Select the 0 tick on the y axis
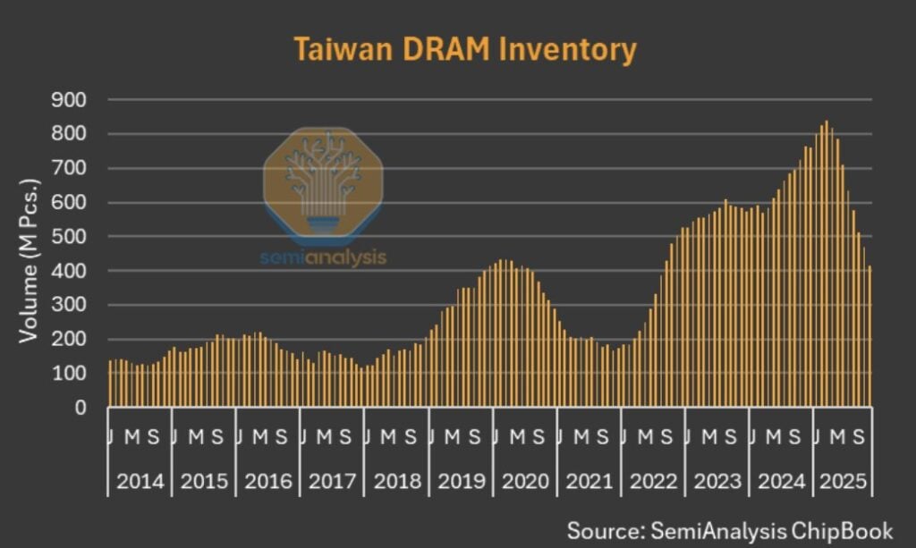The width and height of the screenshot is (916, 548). pyautogui.click(x=80, y=408)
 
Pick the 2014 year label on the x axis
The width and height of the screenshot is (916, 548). pyautogui.click(x=140, y=482)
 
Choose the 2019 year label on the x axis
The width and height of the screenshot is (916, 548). pyautogui.click(x=462, y=482)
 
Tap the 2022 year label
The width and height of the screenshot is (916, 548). pyautogui.click(x=653, y=482)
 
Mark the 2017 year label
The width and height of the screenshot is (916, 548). pyautogui.click(x=333, y=482)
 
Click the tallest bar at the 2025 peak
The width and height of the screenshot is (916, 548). pyautogui.click(x=826, y=265)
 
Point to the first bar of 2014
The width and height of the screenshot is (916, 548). pyautogui.click(x=110, y=384)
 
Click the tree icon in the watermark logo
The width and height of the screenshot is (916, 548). pyautogui.click(x=323, y=178)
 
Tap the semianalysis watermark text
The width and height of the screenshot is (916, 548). pyautogui.click(x=323, y=257)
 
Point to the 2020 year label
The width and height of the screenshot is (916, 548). pyautogui.click(x=525, y=482)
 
